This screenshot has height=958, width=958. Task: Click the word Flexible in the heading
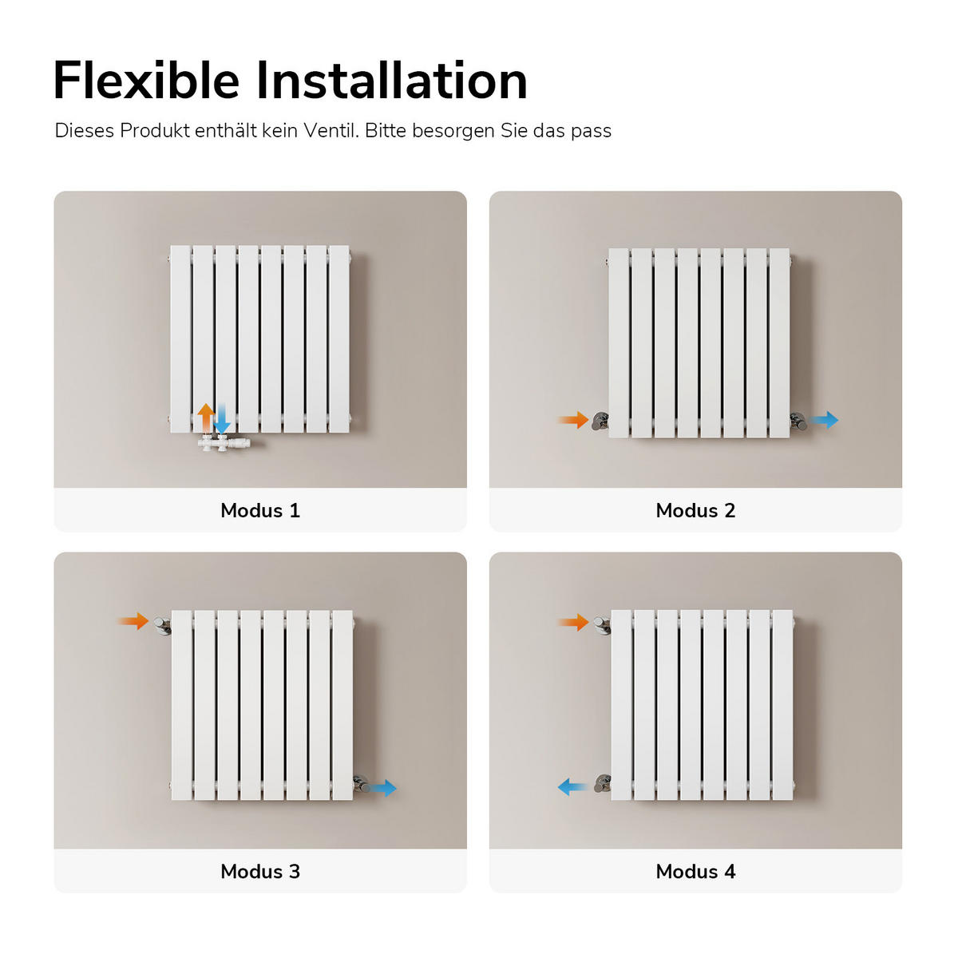pos(146,81)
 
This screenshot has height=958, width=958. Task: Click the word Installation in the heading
pos(391,81)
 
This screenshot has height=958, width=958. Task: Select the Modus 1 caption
pos(260,511)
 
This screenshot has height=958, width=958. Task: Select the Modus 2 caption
pos(695,511)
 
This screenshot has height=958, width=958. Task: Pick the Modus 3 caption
pos(260,872)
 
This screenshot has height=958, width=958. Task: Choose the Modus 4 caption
pos(695,872)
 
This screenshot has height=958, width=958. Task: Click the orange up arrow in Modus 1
pos(206,418)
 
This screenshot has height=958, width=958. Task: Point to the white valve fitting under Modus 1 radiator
pos(226,443)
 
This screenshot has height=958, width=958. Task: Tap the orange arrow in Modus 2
pos(572,420)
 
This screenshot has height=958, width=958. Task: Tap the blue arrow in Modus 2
pos(825,419)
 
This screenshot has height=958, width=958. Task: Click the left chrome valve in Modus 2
pos(600,421)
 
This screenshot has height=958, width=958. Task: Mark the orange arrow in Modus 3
pos(133,621)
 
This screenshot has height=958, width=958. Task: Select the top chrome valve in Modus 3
pos(163,624)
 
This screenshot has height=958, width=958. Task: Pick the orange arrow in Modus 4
pos(573,622)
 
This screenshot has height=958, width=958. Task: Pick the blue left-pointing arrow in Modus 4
pos(572,787)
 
